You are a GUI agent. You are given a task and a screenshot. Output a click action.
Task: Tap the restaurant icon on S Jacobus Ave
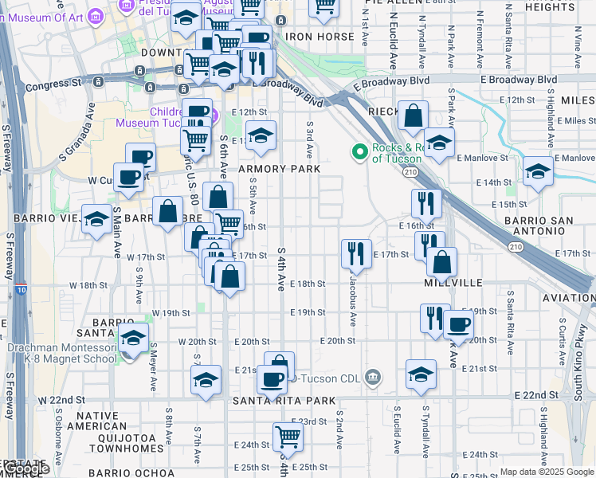click(356, 253)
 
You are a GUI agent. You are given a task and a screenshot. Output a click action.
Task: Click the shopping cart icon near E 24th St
click(287, 435)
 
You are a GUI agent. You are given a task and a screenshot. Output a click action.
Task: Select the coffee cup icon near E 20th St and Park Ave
click(458, 323)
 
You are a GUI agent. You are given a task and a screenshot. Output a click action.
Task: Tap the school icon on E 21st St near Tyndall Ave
click(421, 374)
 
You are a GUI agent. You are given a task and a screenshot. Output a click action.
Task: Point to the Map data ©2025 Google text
click(546, 472)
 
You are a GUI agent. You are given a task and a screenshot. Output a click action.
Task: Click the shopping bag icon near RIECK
click(414, 115)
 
